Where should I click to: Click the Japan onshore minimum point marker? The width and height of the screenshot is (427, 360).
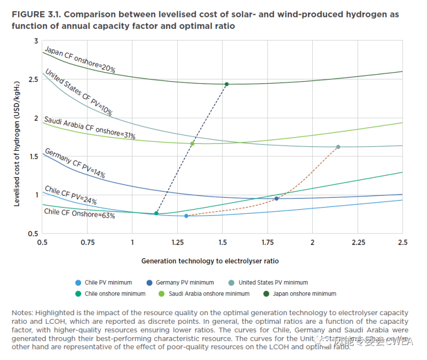pos(226,84)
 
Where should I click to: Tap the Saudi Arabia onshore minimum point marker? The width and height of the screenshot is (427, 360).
pos(192,143)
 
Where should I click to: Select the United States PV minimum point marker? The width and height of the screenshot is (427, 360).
pos(338,147)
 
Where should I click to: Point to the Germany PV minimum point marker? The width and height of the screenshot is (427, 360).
pos(276,198)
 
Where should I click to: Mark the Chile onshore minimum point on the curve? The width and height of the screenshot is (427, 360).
pos(156,213)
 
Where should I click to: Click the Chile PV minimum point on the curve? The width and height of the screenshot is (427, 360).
pos(186,215)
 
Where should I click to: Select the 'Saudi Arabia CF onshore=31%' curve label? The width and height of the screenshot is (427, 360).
pos(89,128)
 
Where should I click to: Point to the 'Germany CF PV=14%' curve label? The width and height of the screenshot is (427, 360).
pos(75,163)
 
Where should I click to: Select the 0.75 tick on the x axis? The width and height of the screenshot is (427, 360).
pos(88,243)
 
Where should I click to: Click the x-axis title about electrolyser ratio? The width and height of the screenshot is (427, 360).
pos(210,261)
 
